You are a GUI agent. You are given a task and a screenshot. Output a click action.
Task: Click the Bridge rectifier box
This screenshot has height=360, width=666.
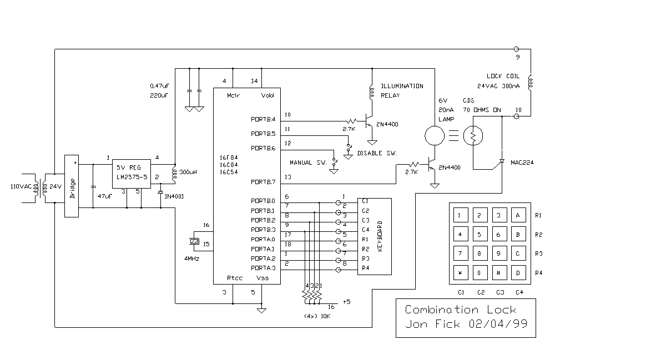point(72,186)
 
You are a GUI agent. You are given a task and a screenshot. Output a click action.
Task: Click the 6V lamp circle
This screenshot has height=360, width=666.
point(435,135)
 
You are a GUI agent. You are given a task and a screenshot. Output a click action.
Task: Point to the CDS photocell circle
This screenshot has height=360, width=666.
point(473,135)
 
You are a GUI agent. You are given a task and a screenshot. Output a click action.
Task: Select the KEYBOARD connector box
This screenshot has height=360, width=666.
point(375,236)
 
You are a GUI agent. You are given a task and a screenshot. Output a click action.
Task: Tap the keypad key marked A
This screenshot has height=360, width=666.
point(518,215)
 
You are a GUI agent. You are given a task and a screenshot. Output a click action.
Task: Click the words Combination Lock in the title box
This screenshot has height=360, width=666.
point(460,310)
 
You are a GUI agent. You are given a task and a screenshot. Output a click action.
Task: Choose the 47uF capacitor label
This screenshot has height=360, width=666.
point(105,196)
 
